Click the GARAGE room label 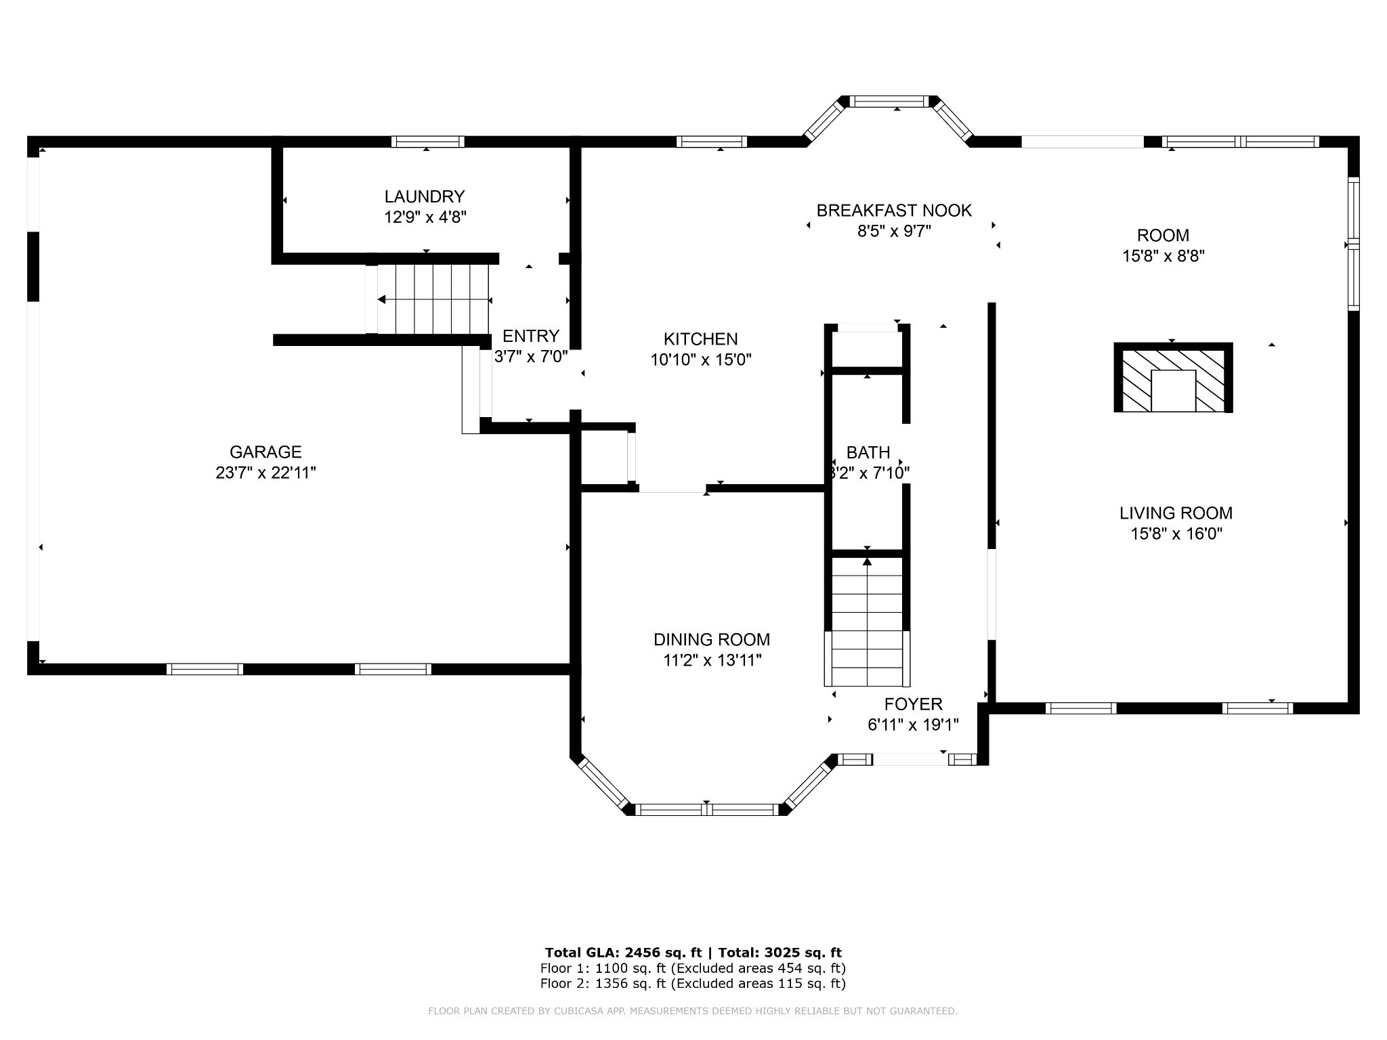coord(265,452)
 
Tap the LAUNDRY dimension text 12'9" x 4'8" coord(425,217)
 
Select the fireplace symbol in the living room coord(1173,378)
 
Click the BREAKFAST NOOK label coord(894,211)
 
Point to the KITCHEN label coord(700,339)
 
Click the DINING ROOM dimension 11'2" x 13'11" coord(712,660)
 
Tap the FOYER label coord(913,704)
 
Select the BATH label coord(868,452)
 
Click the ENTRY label coord(531,336)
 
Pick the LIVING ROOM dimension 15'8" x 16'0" coord(1176,534)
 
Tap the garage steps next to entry coord(433,299)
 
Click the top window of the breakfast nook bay coord(888,102)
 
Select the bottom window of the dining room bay coord(706,809)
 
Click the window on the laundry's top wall coord(427,142)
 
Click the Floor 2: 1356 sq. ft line coord(693,984)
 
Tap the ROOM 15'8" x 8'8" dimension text coord(1163,257)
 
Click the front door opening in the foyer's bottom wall coord(910,760)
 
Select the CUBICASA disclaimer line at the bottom coord(693,1012)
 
